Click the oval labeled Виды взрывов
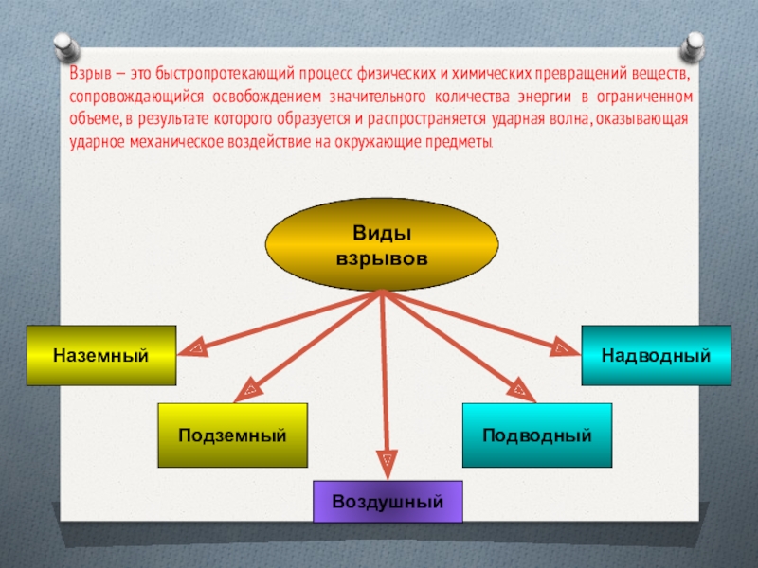pyautogui.click(x=382, y=244)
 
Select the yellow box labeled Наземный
pyautogui.click(x=101, y=356)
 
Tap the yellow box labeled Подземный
pyautogui.click(x=232, y=435)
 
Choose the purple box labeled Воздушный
pyautogui.click(x=388, y=501)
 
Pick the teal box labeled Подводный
pyautogui.click(x=537, y=435)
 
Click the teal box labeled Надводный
pyautogui.click(x=657, y=356)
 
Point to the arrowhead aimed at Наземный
pyautogui.click(x=194, y=349)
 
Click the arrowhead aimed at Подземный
pyautogui.click(x=251, y=388)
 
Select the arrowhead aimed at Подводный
pyautogui.click(x=519, y=387)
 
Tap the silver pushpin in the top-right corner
pyautogui.click(x=694, y=44)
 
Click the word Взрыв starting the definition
pyautogui.click(x=88, y=74)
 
